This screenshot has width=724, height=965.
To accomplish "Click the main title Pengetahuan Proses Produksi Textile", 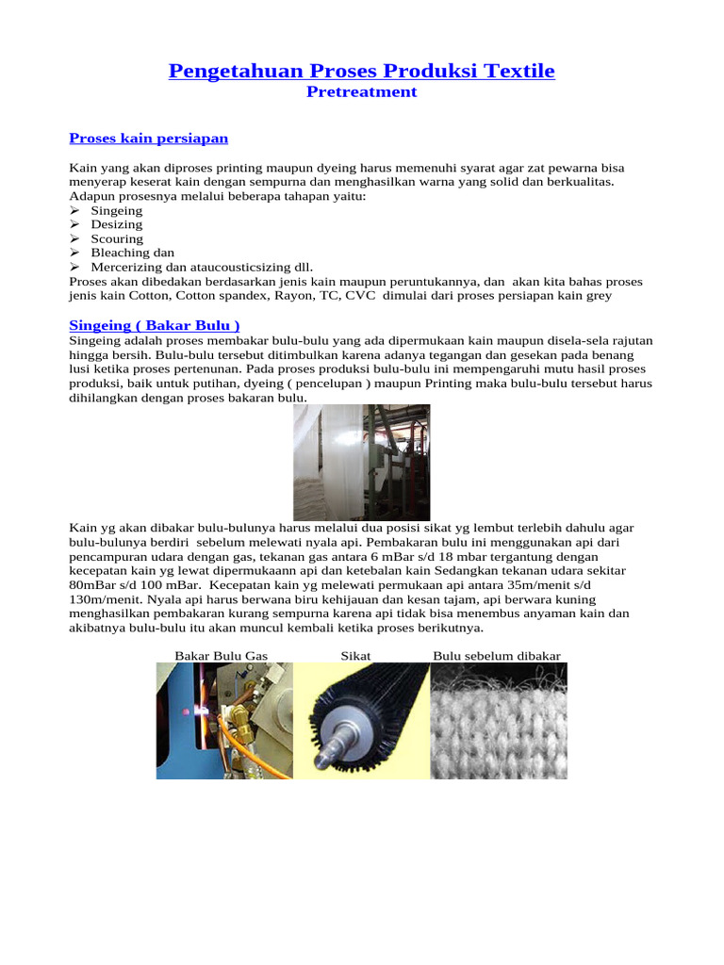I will (x=362, y=71).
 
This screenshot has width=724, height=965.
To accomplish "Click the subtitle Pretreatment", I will (x=362, y=92).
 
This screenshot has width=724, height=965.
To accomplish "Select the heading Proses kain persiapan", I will (x=149, y=139).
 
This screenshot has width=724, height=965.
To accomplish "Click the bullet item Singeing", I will (x=117, y=210).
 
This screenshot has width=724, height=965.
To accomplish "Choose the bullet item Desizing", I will (x=117, y=224).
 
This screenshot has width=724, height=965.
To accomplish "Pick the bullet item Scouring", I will (x=117, y=238).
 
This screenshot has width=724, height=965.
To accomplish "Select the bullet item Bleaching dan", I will (x=132, y=253).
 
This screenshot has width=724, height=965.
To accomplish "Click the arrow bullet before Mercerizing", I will (x=75, y=267).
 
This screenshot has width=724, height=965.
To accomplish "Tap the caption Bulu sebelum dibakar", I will (x=497, y=655).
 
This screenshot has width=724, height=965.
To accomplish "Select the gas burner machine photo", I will (x=224, y=720).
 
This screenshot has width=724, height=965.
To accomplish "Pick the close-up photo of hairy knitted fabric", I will (x=499, y=720).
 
